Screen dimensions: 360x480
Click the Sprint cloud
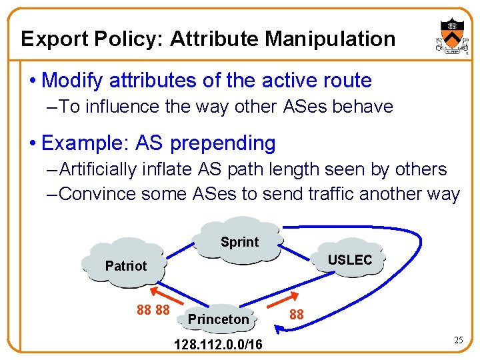pos(239,241)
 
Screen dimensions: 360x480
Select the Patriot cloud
pos(125,265)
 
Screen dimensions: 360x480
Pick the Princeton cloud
pos(218,319)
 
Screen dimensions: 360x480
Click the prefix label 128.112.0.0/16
pos(218,345)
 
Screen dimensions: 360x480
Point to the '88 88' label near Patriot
pos(153,310)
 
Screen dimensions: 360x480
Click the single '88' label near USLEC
pos(297,314)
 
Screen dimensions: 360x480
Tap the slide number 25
pos(458,341)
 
